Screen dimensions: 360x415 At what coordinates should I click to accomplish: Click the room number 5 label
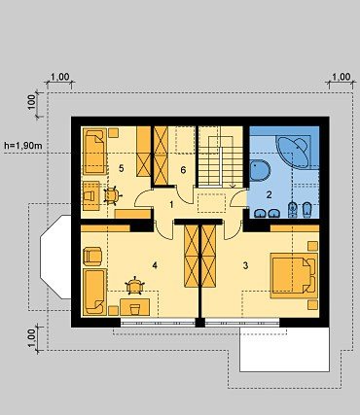[x=122, y=168]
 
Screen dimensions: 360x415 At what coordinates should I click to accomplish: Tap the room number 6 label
[x=183, y=170]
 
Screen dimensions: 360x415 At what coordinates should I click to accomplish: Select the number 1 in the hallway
[x=171, y=204]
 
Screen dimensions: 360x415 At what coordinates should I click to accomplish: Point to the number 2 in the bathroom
[x=269, y=194]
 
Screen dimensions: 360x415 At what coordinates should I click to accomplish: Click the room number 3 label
[x=245, y=265]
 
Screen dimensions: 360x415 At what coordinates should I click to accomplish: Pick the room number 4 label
[x=155, y=265]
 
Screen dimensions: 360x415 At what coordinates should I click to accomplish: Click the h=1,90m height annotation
[x=23, y=146]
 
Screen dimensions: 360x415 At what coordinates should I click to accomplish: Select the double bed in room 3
[x=294, y=276]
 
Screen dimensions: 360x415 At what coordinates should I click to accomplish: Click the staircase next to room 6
[x=221, y=156]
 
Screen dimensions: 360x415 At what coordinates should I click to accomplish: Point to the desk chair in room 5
[x=112, y=195]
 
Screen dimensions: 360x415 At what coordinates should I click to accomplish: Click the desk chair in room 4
[x=134, y=286]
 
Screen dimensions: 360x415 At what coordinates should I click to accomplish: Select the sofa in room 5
[x=94, y=152]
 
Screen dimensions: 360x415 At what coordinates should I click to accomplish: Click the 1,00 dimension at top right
[x=342, y=77]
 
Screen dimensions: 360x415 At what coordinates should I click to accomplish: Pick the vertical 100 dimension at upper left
[x=31, y=102]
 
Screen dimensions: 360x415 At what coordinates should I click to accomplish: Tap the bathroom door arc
[x=237, y=198]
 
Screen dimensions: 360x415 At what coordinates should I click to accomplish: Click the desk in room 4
[x=134, y=307]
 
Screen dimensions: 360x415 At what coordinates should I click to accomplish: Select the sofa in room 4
[x=94, y=292]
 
